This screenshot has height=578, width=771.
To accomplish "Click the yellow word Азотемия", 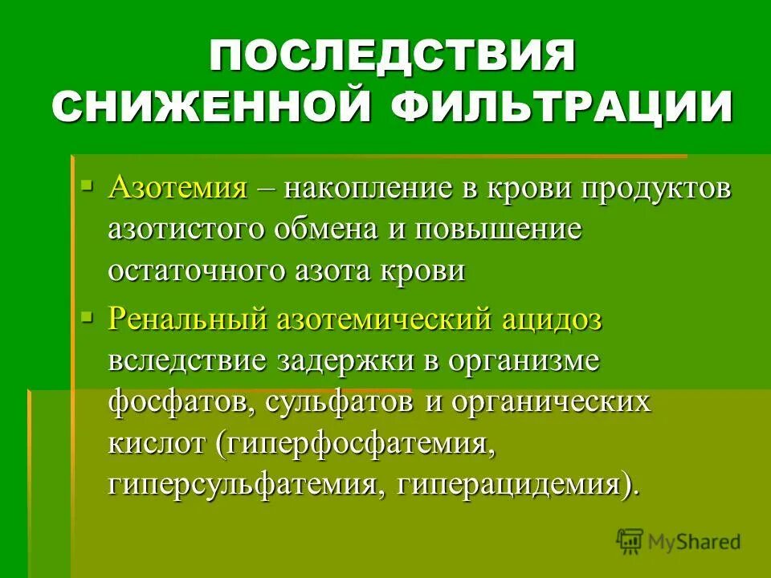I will coord(177,189).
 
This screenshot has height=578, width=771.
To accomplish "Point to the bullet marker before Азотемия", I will coord(88,186).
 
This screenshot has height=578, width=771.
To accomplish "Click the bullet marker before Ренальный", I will coord(88,316).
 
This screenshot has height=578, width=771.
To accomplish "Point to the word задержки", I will coord(345,361).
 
